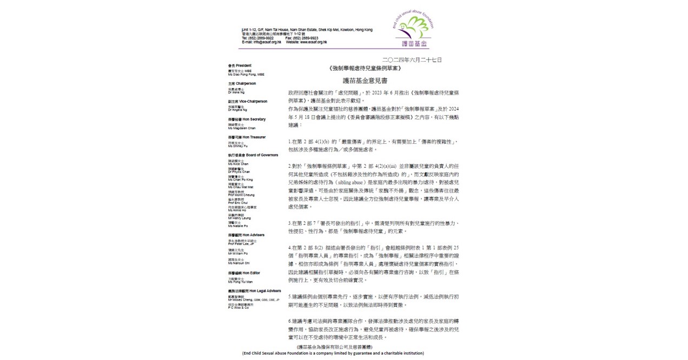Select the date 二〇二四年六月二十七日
tap(412, 59)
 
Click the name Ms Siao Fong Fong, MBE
tap(246, 74)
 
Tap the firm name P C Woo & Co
tap(239, 307)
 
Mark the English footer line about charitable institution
tap(333, 353)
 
